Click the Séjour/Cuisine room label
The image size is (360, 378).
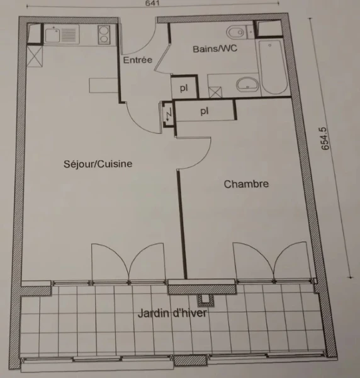point(98,164)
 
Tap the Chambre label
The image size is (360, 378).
point(246,184)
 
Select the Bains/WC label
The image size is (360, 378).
point(215,49)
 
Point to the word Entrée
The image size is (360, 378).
point(137,60)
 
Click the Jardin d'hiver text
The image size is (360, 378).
point(172,313)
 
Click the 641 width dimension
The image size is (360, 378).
point(152,3)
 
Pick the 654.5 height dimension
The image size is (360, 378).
point(325,139)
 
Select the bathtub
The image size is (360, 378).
point(273,67)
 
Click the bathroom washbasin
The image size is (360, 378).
point(247,84)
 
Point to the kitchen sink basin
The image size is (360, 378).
point(52,35)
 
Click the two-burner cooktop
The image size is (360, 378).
point(104,35)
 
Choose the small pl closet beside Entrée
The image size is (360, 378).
point(184,87)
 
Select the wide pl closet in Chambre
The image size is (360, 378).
point(205,111)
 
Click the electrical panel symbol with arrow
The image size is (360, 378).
point(168,113)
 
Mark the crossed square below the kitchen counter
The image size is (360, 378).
point(35,57)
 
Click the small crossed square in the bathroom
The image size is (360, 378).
point(215,92)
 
